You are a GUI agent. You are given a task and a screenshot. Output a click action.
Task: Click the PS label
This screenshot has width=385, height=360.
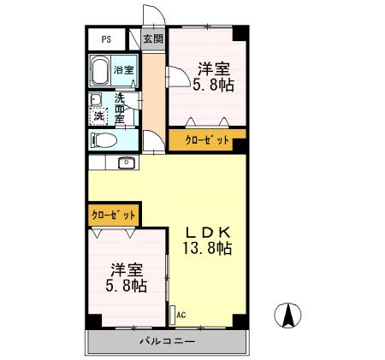click(106, 39)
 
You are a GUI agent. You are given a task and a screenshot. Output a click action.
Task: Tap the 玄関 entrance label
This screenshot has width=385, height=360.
click(152, 39)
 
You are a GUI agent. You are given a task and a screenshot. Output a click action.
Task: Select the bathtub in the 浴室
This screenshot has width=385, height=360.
click(101, 70)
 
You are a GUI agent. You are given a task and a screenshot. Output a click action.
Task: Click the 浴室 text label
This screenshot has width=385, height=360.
click(123, 70)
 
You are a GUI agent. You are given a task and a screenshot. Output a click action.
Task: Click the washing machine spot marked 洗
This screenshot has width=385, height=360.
click(100, 115)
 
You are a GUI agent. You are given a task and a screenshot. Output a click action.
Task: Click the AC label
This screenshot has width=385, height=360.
click(181, 314)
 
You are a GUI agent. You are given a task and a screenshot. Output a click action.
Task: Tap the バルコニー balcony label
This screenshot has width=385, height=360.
click(168, 341)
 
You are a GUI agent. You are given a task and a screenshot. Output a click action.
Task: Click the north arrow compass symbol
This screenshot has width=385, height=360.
click(288, 316)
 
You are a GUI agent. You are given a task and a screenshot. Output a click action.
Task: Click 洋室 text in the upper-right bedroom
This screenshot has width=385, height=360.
click(213, 68)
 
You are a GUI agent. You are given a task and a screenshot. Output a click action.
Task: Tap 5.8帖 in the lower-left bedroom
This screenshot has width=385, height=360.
click(125, 286)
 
